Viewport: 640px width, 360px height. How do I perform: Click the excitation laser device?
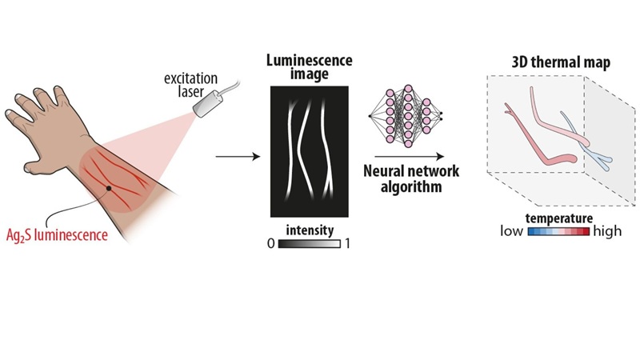coord(210,104)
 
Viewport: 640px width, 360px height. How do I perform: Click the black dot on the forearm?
coord(109,188)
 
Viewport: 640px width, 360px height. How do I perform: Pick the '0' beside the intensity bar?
coord(270,242)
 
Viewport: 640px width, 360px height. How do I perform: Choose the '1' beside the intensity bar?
coord(347,242)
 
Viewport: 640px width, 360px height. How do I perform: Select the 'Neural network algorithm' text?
coord(406,181)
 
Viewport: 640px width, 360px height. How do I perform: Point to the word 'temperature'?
coord(558,217)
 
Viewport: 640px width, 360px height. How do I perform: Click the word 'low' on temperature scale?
coord(512,231)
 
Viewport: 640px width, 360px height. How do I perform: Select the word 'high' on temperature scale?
coord(608,231)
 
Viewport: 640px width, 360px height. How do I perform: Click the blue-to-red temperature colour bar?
coord(559,231)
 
